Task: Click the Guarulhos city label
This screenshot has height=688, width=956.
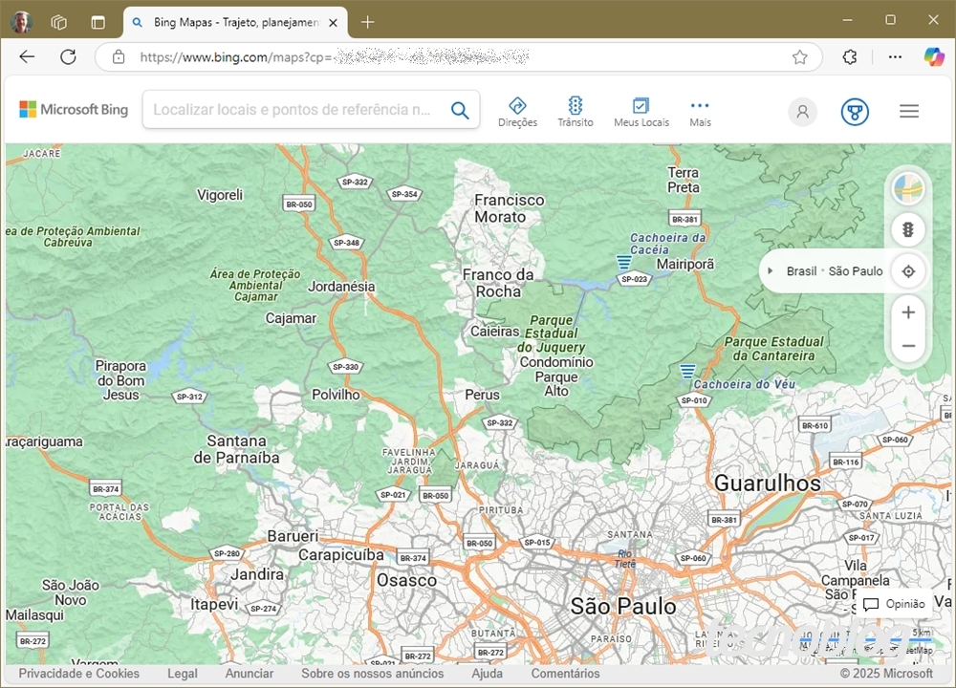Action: coord(767,484)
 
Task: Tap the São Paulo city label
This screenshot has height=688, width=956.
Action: coord(622,606)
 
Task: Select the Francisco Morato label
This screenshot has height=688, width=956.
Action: coord(509,208)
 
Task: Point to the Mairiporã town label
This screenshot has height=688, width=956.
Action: coord(684,263)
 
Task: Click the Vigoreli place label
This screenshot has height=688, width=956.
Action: coord(220,195)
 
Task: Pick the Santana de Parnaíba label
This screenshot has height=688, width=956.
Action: coord(236,449)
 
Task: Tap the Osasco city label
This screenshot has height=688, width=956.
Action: coord(406,580)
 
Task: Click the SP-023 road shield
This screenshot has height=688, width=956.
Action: coord(634,279)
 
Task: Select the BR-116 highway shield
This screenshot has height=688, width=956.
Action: coord(846,462)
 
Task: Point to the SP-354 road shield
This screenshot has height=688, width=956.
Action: coord(404,194)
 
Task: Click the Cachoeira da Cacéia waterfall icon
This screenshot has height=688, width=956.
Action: coord(624,261)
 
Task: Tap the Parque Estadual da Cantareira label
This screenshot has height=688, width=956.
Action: coord(773,349)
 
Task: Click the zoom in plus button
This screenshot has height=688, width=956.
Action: coord(908,312)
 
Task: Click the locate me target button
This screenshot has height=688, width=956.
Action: coord(908,271)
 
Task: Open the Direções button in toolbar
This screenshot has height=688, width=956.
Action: coord(517,111)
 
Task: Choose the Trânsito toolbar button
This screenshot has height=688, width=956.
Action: coord(576,111)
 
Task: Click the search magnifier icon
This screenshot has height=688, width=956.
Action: coord(460,110)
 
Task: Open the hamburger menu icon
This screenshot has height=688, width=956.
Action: coord(909,111)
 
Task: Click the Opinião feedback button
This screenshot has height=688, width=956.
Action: coord(895,604)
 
